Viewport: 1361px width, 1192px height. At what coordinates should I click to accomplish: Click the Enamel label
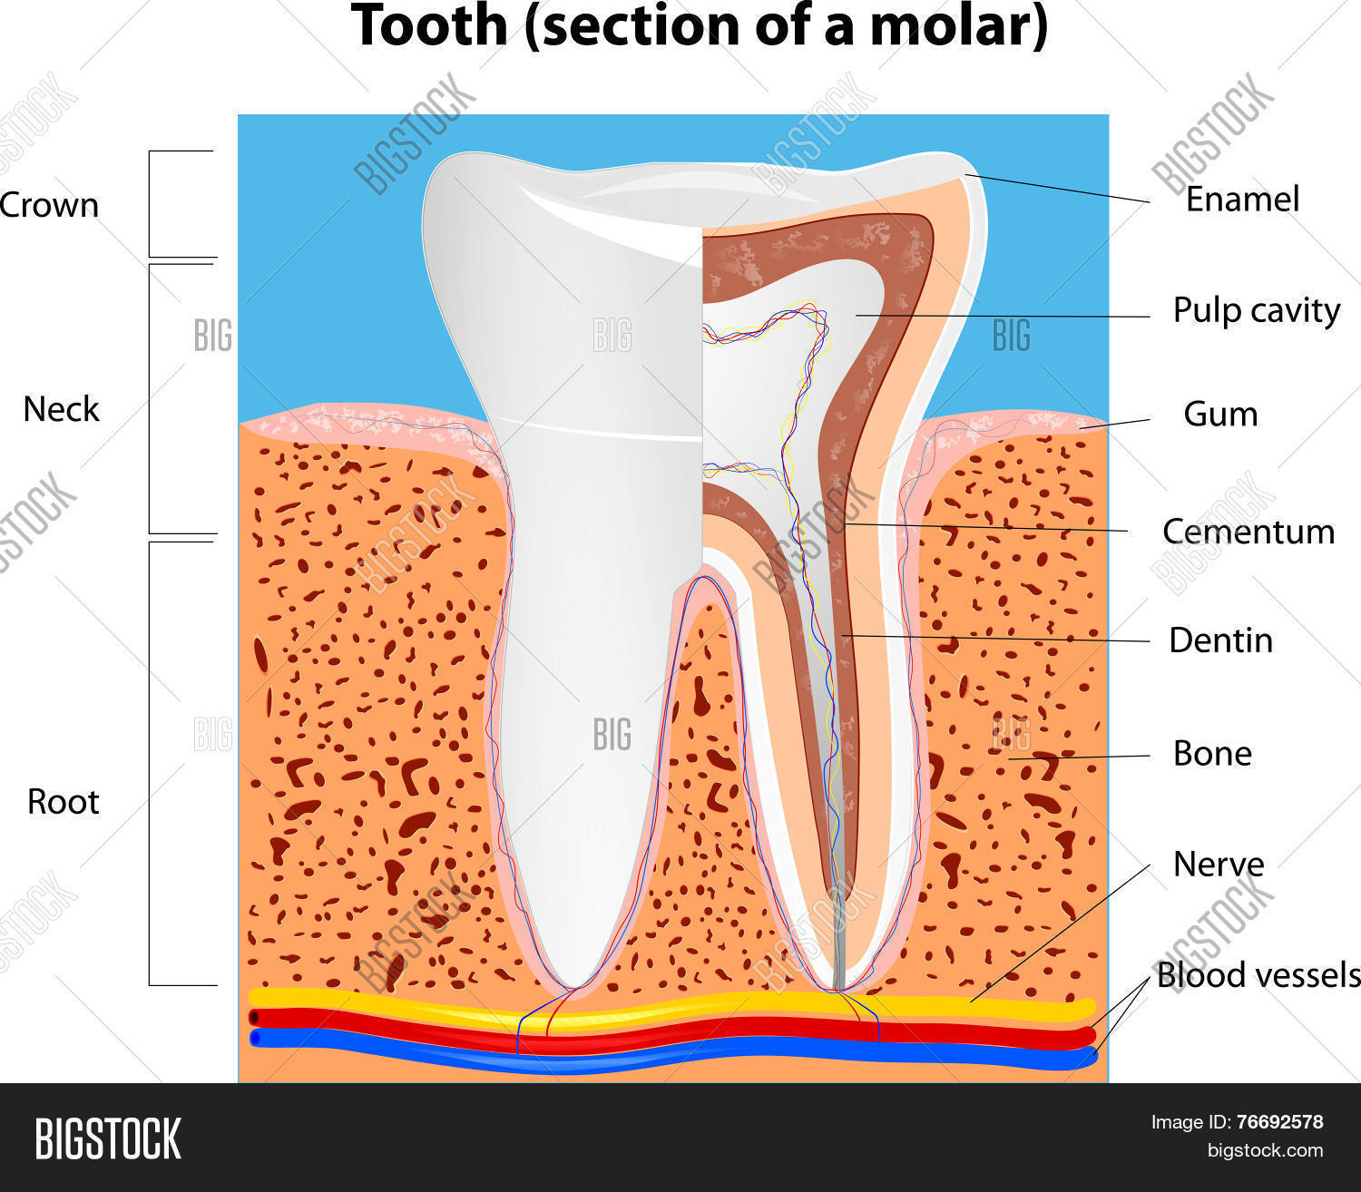[x=1242, y=200]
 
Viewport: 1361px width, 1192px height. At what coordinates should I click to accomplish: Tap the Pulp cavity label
[x=1257, y=311]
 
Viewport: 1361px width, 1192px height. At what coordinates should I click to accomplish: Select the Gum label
[x=1220, y=414]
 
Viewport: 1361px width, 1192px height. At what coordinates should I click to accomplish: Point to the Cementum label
[x=1248, y=532]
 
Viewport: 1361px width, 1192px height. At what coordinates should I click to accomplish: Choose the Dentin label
[x=1220, y=640]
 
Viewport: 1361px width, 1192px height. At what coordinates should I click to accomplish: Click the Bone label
[x=1212, y=754]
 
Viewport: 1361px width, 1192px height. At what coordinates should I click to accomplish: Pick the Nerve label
[x=1218, y=865]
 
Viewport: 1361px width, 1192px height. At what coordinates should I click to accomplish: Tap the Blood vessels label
[x=1258, y=975]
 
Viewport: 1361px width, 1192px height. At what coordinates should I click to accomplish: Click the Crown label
[x=48, y=205]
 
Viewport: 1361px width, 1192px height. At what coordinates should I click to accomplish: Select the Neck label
[x=61, y=409]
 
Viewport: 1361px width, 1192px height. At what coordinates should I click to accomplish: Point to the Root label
[x=64, y=802]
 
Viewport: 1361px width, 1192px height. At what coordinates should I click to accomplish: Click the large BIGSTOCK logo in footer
[x=108, y=1139]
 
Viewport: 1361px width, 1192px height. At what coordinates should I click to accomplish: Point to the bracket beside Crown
[x=149, y=204]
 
